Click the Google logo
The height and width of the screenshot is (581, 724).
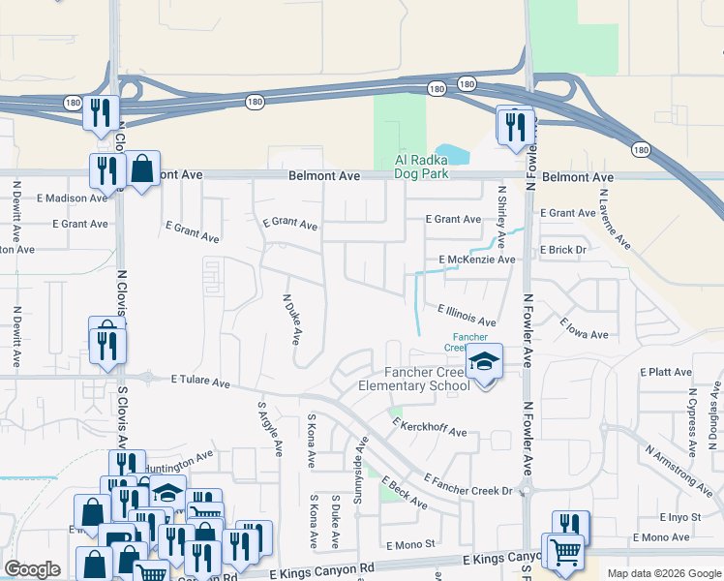(x=32, y=569)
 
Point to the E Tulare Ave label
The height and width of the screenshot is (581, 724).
(x=200, y=382)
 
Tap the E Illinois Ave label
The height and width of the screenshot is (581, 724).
(x=467, y=315)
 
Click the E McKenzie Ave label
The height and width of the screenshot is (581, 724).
(x=476, y=260)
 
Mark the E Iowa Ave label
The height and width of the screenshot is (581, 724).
(x=584, y=328)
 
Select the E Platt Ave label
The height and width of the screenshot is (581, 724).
(x=666, y=372)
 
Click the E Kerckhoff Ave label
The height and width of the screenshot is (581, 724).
(x=429, y=426)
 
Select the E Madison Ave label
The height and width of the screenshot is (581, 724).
(x=72, y=198)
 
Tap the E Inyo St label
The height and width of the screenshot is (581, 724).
(x=679, y=517)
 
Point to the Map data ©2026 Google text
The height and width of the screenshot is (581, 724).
(x=663, y=573)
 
